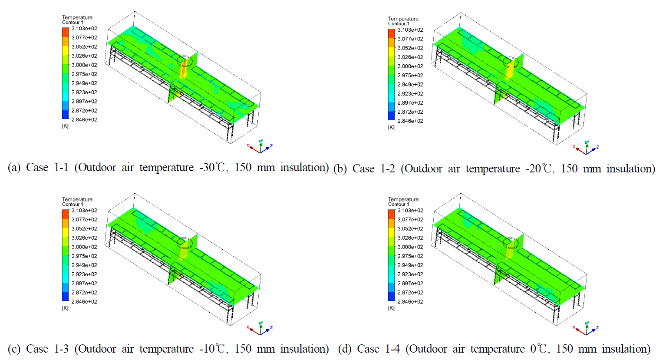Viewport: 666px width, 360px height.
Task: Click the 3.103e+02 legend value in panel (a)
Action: pos(84,29)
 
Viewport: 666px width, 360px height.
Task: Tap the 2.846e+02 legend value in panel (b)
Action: pos(410,121)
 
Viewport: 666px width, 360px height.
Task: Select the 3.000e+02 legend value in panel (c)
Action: pos(84,247)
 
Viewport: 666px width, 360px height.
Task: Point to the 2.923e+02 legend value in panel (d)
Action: pos(410,274)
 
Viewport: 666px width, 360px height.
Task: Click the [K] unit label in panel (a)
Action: pos(65,126)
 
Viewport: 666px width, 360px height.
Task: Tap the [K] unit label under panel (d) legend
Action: pos(391,308)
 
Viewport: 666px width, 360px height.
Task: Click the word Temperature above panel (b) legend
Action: pos(403,19)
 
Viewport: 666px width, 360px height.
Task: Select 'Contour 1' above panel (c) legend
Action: pos(73,204)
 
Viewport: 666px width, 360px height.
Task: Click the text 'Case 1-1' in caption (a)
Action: pos(47,167)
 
